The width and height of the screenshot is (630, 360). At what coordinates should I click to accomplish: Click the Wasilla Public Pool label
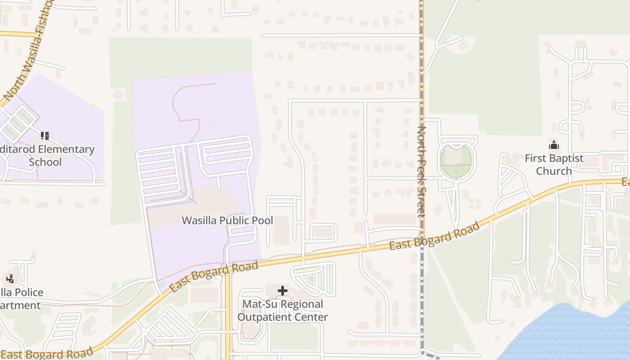click(x=227, y=220)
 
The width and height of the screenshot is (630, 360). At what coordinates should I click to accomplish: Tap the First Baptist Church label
click(x=553, y=165)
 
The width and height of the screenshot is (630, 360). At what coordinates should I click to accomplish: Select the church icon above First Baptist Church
click(x=553, y=145)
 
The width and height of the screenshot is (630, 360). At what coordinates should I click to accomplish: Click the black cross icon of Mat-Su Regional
click(x=283, y=291)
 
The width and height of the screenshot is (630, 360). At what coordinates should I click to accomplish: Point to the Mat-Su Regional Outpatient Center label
click(x=283, y=310)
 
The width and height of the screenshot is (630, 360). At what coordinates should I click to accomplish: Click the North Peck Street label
click(x=422, y=171)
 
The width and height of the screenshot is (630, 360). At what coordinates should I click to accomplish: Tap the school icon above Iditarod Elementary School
click(x=45, y=135)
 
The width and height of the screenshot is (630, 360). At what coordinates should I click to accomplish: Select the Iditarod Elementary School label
click(x=47, y=155)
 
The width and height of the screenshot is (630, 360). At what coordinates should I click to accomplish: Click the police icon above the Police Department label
click(x=10, y=279)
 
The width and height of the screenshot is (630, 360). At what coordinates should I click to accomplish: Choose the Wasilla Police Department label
click(x=20, y=299)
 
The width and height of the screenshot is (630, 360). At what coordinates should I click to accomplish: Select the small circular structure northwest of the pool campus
click(x=118, y=95)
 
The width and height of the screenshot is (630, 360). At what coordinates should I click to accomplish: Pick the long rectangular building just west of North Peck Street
click(x=395, y=219)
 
